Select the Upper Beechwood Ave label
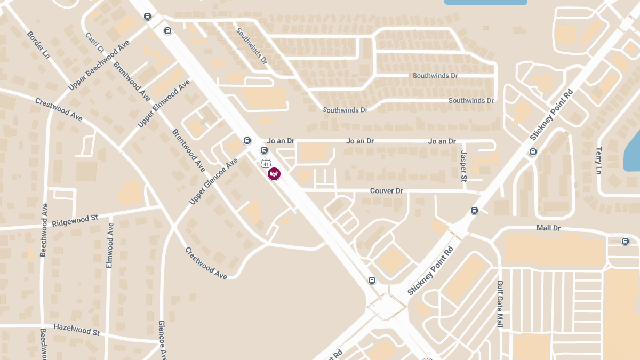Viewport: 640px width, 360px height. coord(99,65)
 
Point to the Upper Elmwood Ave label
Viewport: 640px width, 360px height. coord(164,103)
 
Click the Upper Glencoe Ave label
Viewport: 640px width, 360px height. coord(213,181)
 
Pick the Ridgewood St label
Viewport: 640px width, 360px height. coord(75,220)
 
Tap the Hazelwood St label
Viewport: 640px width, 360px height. coord(76,329)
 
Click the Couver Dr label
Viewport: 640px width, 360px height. coord(387,191)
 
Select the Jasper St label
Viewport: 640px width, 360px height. coord(463,165)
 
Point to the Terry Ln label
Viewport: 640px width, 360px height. coord(599,160)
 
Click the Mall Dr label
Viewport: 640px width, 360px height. coord(549,228)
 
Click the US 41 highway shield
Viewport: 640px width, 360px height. coord(265,163)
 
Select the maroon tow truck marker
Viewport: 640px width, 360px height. coord(274,173)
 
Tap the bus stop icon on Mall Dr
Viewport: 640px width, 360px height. coord(625,242)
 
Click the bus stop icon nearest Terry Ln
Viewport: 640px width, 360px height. coord(532,152)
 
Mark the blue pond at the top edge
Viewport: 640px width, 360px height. coord(485,2)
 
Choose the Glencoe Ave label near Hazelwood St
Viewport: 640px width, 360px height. coord(163,340)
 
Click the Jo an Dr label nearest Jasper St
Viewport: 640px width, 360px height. coord(442,141)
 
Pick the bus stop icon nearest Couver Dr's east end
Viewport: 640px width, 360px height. coord(475,211)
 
